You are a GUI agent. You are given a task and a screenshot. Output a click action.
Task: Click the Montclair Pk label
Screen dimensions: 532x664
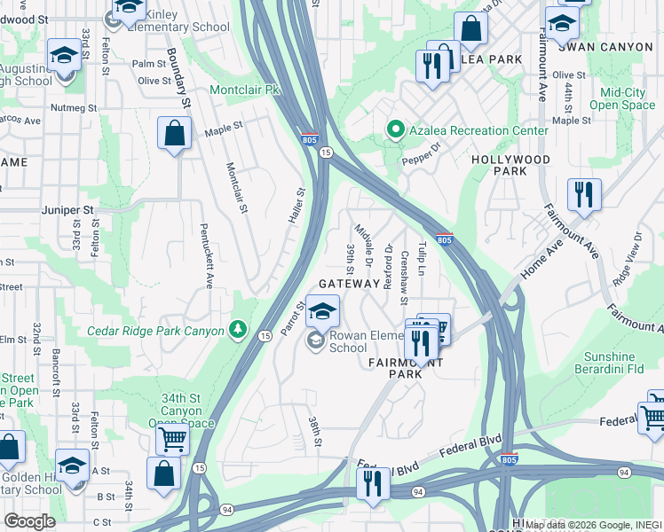click(x=244, y=90)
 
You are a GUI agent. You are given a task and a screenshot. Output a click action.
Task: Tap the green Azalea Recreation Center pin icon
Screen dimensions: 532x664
click(x=396, y=130)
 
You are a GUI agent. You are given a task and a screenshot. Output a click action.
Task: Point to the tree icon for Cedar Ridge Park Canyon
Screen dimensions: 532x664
click(x=238, y=331)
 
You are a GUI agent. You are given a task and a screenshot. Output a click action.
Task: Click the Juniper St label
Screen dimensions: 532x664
click(x=67, y=210)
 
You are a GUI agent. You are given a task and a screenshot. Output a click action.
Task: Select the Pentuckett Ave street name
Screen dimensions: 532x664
click(x=207, y=256)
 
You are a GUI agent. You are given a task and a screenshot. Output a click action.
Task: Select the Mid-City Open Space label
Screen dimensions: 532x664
click(x=627, y=98)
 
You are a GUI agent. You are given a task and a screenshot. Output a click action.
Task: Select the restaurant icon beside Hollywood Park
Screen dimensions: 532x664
click(x=584, y=194)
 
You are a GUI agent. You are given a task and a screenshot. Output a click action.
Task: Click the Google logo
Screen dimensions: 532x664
click(x=29, y=520)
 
